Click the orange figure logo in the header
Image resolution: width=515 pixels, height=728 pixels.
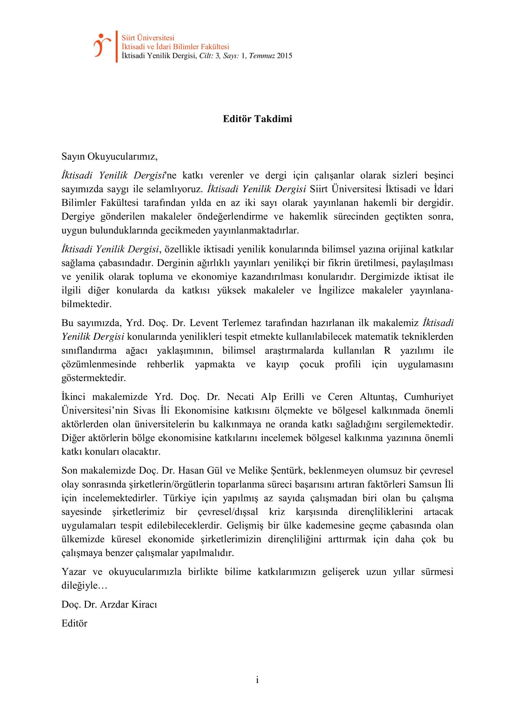click(x=102, y=45)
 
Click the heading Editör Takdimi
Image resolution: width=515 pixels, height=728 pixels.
click(x=257, y=119)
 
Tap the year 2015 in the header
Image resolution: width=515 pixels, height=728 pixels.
click(x=285, y=56)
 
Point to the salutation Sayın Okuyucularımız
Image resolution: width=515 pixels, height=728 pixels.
click(x=109, y=157)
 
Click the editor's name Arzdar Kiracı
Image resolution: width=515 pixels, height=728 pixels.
click(x=128, y=604)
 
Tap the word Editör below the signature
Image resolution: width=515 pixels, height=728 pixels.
click(x=75, y=623)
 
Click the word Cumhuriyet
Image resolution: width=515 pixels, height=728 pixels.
click(x=428, y=397)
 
